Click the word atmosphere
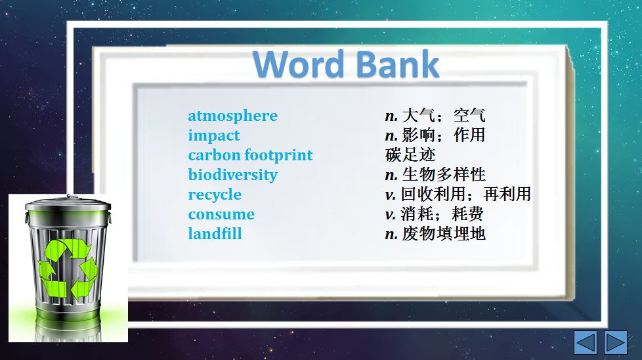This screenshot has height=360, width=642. [x=232, y=116]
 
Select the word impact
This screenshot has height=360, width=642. [x=214, y=136]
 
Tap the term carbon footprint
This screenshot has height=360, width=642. [x=250, y=156]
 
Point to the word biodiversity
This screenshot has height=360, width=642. [x=232, y=175]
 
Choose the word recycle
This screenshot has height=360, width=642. [x=215, y=195]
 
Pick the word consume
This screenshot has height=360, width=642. [x=221, y=215]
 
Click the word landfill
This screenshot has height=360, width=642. [x=215, y=234]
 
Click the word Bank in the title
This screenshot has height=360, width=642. [x=398, y=64]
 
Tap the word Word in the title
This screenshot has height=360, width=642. [x=299, y=64]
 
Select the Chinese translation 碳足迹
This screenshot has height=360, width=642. [x=410, y=155]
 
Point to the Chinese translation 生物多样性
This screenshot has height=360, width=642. [x=444, y=175]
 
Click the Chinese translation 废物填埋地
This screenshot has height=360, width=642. [x=444, y=234]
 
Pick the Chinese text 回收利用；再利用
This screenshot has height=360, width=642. [x=466, y=194]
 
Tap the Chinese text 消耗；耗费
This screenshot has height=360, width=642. [x=442, y=214]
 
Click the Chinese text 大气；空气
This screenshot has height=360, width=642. [x=444, y=116]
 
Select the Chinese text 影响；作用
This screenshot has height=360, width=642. [x=444, y=135]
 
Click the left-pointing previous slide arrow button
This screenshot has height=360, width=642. [x=586, y=342]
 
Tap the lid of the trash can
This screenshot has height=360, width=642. [x=68, y=205]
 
